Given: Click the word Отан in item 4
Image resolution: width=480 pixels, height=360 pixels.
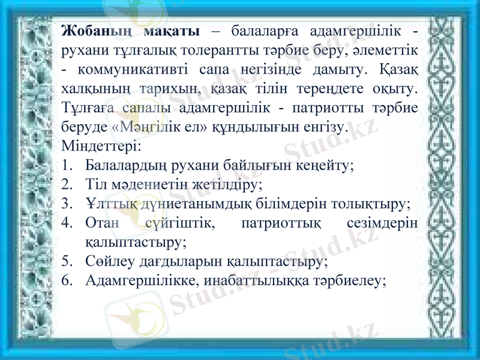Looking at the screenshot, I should (98, 223).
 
